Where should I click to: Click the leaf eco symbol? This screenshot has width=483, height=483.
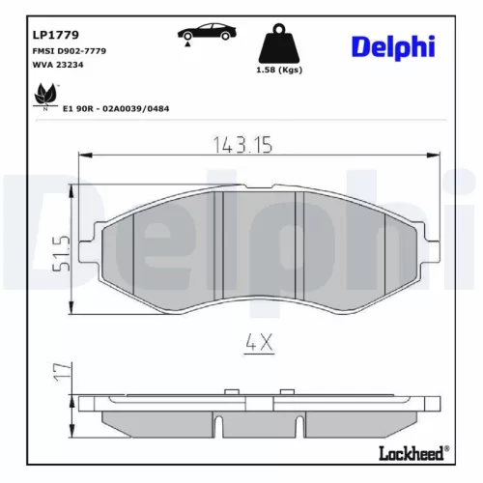pos(43,97)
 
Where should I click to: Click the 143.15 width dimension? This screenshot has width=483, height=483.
pos(241,145)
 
